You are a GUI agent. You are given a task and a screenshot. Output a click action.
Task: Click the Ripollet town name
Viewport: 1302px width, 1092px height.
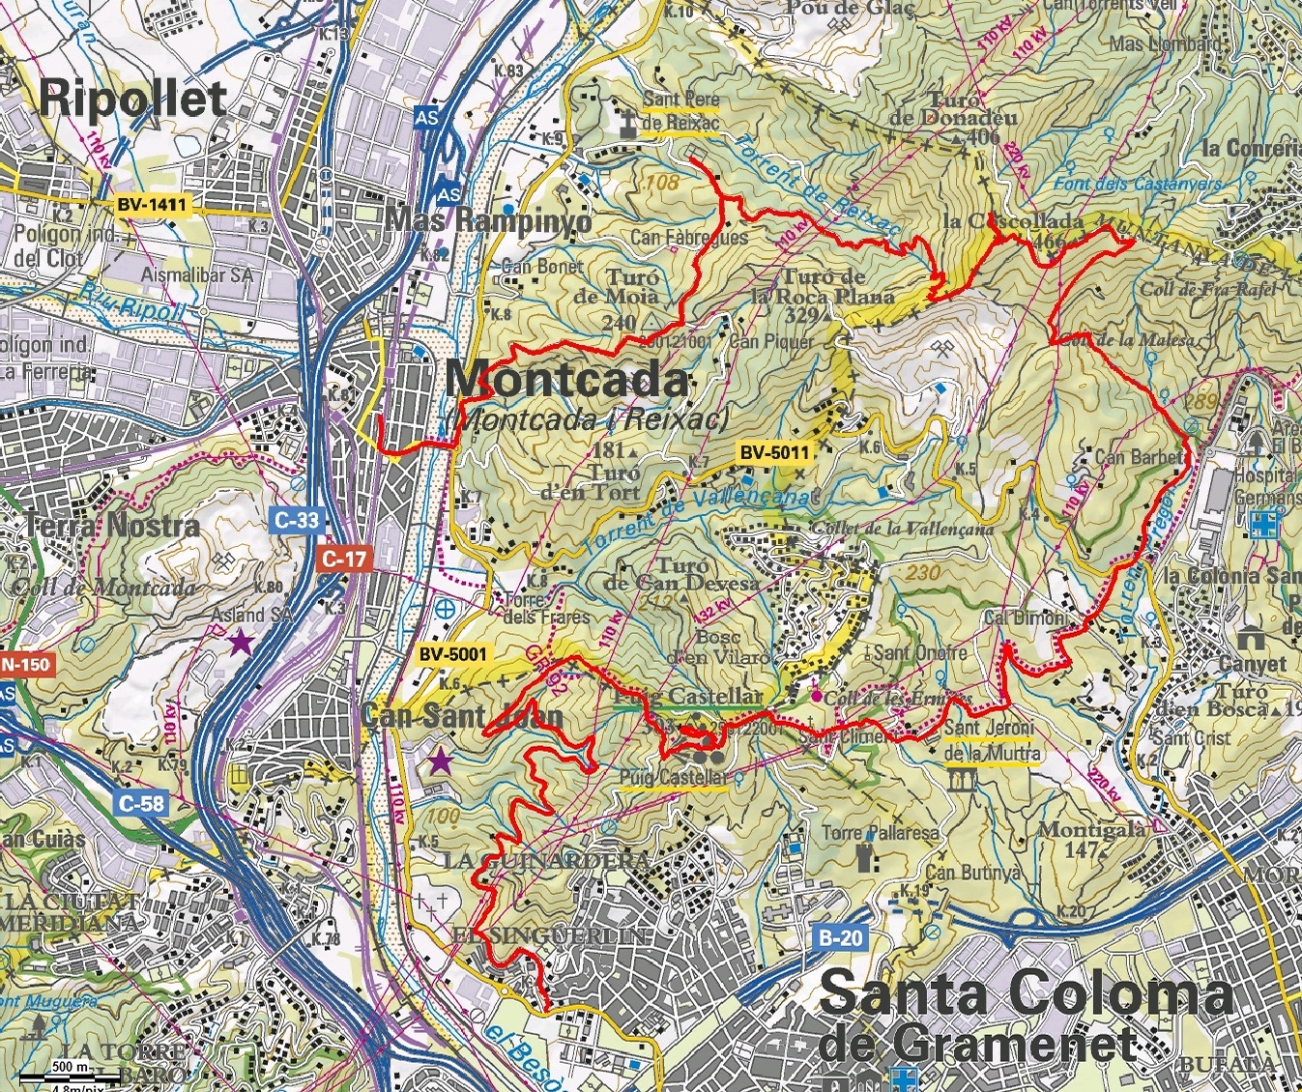coord(133,99)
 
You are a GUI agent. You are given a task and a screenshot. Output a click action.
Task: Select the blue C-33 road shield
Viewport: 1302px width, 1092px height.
coord(296,520)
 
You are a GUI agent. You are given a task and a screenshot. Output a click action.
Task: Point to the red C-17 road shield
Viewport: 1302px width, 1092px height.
coord(343,558)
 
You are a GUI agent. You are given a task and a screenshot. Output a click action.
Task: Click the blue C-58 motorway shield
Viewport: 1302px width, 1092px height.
coord(140,802)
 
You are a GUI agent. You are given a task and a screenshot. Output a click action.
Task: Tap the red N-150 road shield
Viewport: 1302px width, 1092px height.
coord(24,665)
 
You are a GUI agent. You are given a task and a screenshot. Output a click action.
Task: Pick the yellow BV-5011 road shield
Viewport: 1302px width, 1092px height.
coord(773,451)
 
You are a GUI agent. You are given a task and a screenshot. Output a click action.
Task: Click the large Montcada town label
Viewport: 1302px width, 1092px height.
coord(567,380)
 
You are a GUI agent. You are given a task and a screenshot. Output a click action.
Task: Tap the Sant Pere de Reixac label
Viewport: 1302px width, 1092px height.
coord(681,111)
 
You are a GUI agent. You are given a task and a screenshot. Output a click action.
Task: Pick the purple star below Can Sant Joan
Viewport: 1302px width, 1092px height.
coord(441,762)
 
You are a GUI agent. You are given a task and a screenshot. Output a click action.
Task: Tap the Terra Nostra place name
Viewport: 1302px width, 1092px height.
coord(112,526)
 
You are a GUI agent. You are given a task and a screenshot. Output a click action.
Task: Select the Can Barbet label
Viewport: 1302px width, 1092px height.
coord(1139,456)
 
